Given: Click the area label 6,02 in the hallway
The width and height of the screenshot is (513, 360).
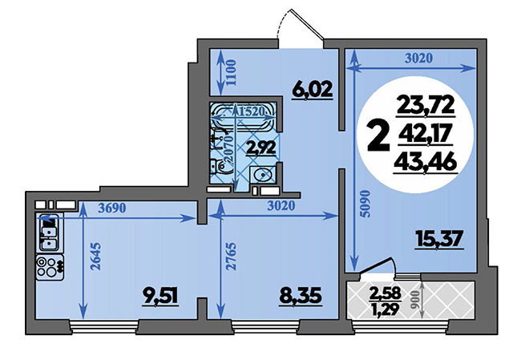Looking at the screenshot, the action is pyautogui.click(x=313, y=89).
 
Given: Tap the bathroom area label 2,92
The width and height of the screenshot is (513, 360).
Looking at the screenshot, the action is pyautogui.click(x=261, y=148).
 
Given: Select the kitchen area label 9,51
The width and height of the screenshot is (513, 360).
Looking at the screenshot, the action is pyautogui.click(x=160, y=297).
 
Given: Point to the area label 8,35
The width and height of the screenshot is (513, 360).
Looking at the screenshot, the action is pyautogui.click(x=301, y=296).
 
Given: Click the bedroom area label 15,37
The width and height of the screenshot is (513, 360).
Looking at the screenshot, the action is pyautogui.click(x=439, y=239).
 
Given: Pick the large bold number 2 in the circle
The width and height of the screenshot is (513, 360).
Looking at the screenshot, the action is pyautogui.click(x=378, y=136).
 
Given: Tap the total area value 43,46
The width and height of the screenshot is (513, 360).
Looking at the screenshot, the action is pyautogui.click(x=425, y=163).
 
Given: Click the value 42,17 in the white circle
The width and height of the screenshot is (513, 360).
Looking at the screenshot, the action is pyautogui.click(x=426, y=134).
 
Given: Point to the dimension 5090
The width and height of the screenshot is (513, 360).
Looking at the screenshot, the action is pyautogui.click(x=365, y=204).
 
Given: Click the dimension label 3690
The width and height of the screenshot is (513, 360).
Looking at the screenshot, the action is pyautogui.click(x=112, y=208).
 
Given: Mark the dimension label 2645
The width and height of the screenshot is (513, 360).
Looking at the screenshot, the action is pyautogui.click(x=96, y=256).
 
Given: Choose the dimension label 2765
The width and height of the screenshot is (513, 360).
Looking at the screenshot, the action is pyautogui.click(x=231, y=256).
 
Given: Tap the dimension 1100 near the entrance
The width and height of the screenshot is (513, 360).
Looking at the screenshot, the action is pyautogui.click(x=231, y=72).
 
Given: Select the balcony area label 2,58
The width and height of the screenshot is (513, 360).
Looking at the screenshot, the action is pyautogui.click(x=385, y=293).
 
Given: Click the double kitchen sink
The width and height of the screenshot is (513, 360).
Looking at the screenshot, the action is pyautogui.click(x=50, y=233).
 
